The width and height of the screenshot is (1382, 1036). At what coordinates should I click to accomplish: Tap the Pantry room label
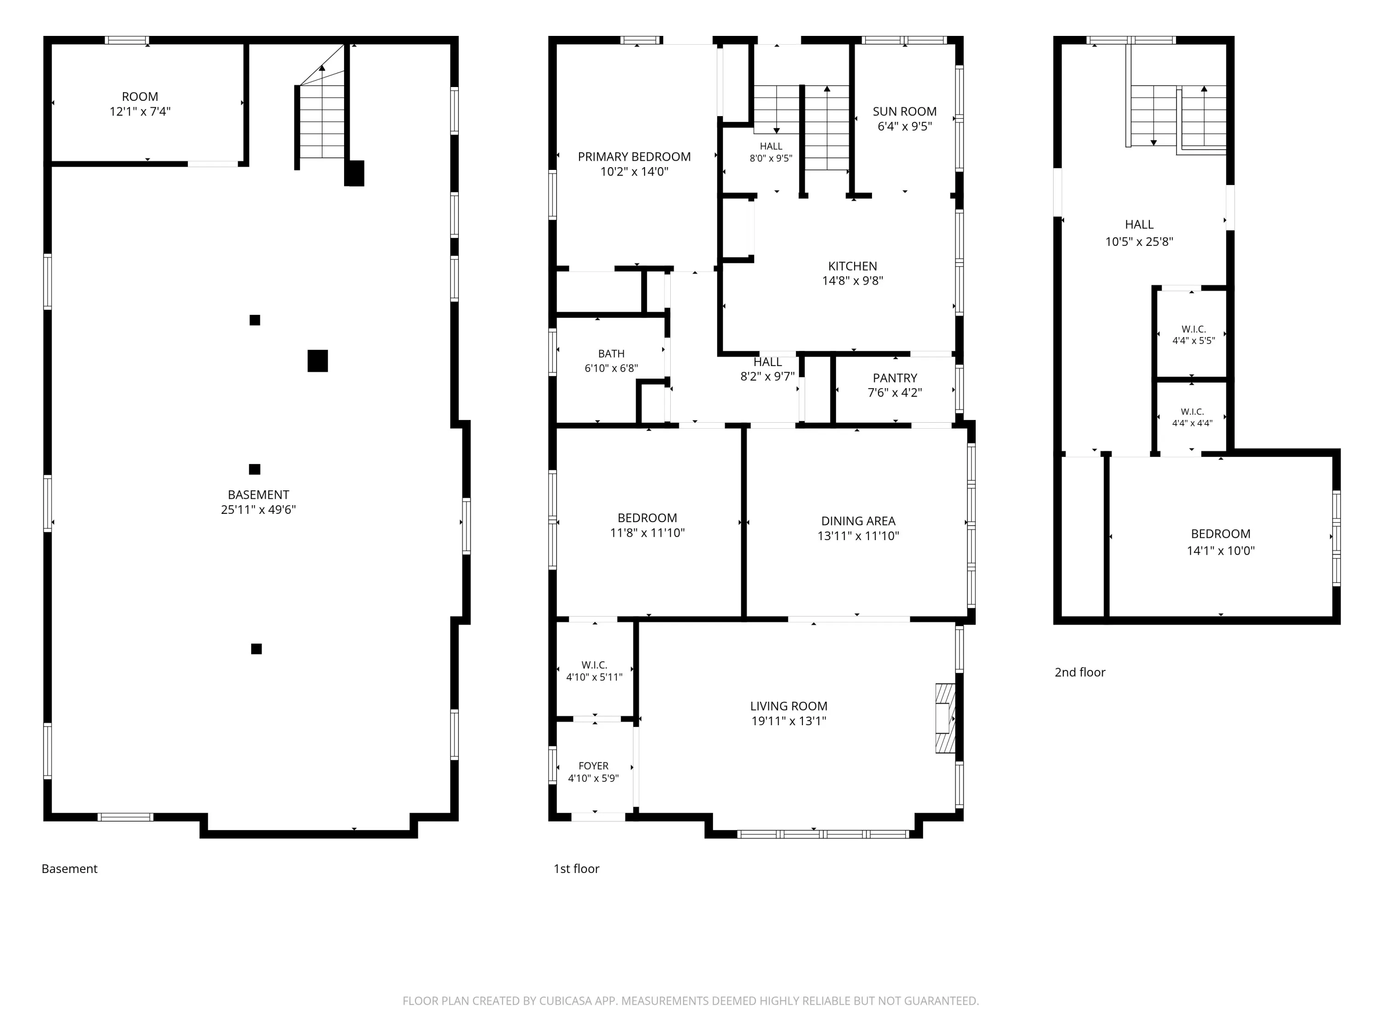coord(895,378)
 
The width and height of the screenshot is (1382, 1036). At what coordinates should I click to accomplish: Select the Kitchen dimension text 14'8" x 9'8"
coord(852,281)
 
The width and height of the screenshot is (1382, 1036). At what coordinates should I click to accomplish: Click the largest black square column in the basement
coord(317,361)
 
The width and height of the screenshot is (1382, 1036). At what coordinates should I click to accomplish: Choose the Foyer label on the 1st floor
coord(593,766)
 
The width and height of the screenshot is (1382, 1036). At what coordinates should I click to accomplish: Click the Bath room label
coord(610,354)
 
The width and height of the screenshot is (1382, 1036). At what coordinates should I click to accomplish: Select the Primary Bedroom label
coord(634,157)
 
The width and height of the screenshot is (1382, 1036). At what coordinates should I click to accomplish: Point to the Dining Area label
coord(858,521)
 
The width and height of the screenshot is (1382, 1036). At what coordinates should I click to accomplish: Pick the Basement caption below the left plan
coord(70,869)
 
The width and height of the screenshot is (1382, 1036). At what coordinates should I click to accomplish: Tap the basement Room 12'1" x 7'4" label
coord(140,104)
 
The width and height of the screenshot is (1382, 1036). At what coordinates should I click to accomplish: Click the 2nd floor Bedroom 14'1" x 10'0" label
coord(1220,542)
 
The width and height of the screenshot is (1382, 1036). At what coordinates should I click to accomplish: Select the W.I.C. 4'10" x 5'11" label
coord(594,671)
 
